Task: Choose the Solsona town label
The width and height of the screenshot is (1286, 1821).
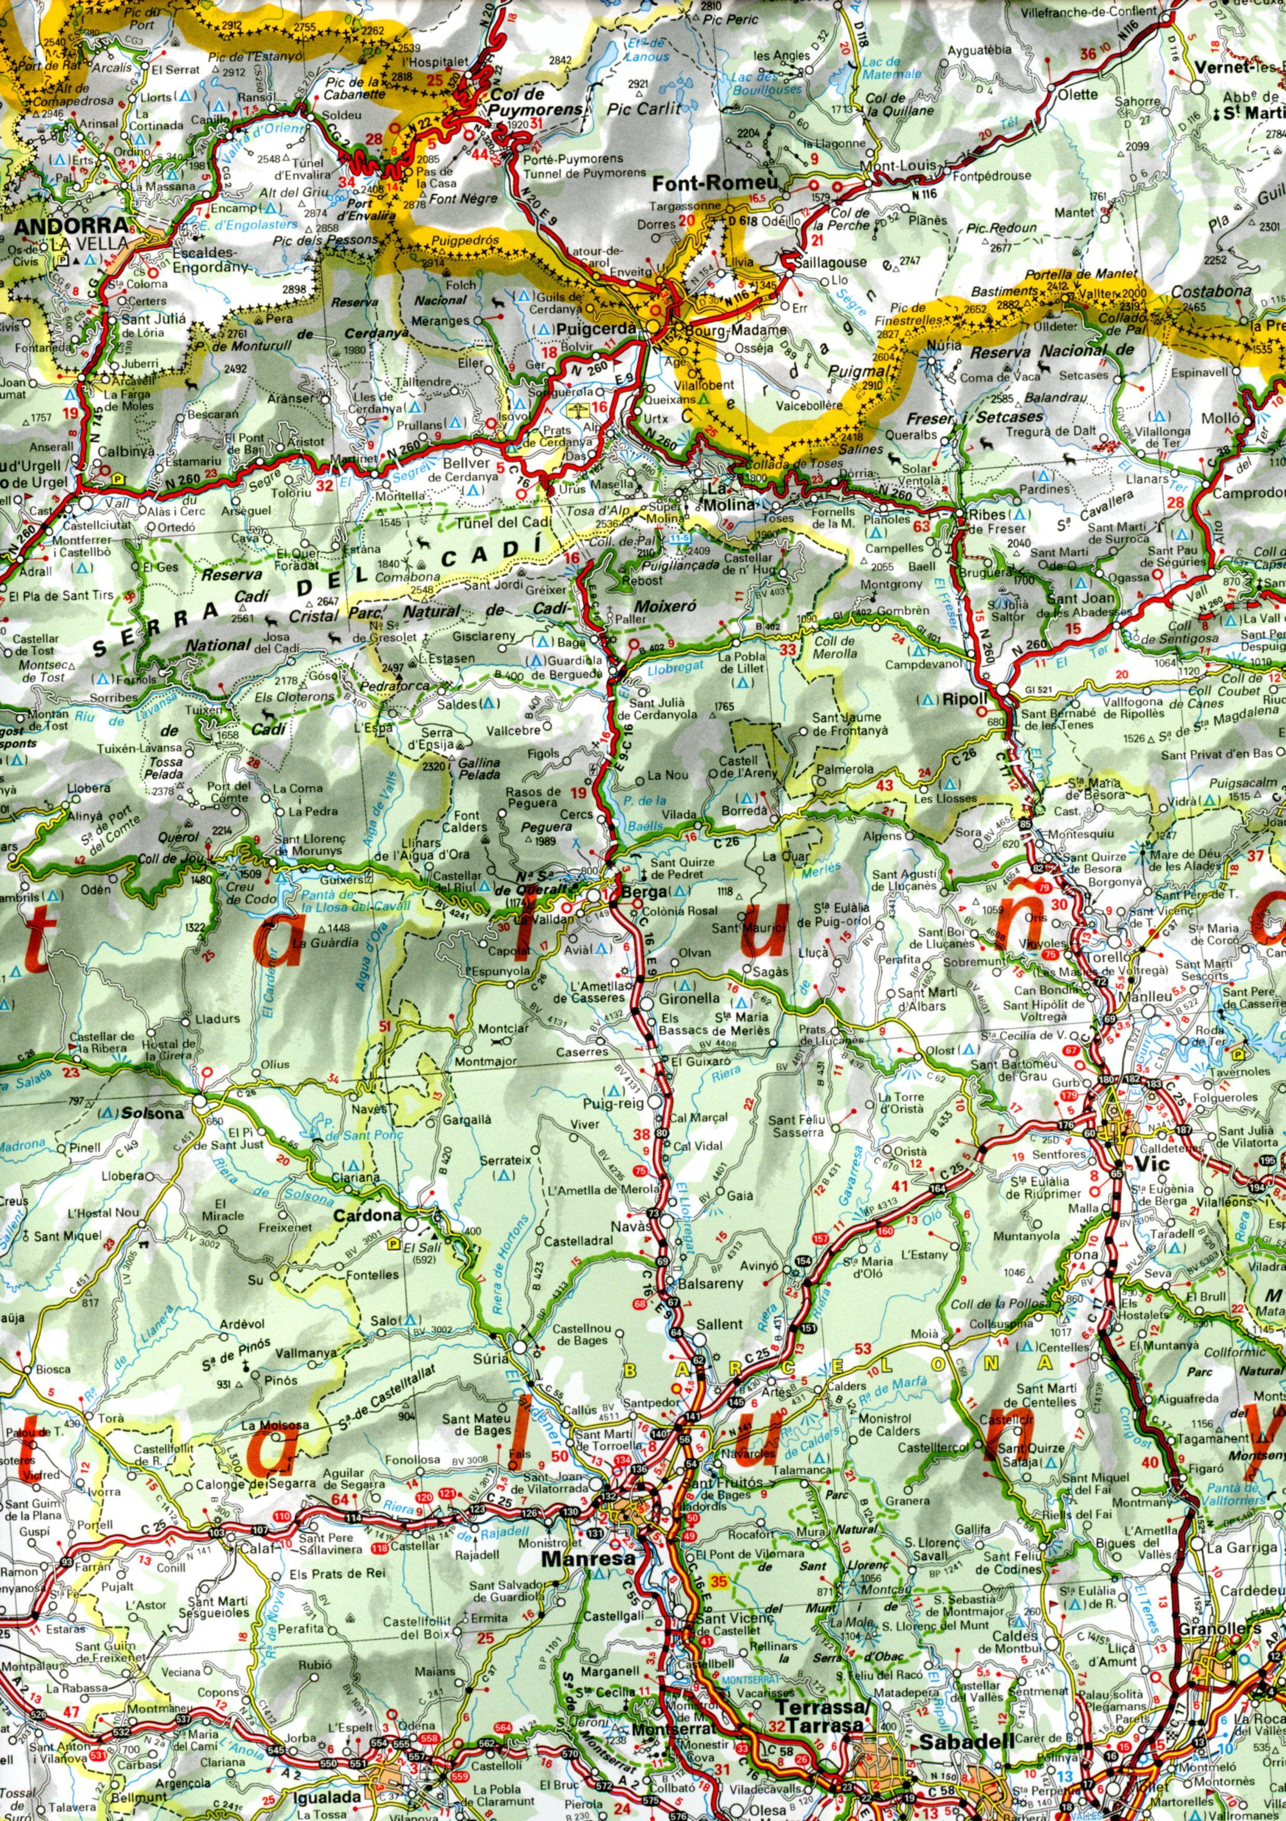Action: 154,1113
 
